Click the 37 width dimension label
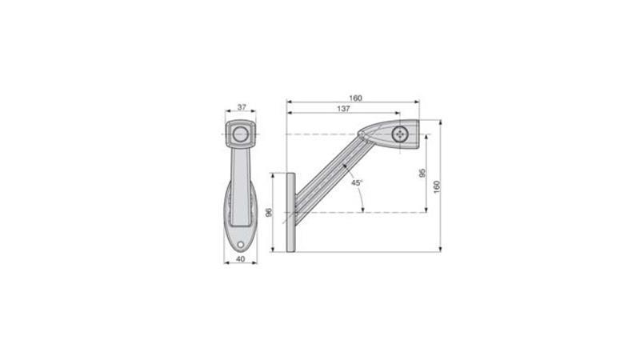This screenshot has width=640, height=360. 242,107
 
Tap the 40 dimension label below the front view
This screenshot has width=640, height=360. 241,258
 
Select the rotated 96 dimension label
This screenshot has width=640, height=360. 269,213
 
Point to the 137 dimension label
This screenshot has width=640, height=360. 344,109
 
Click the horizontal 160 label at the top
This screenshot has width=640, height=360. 355,98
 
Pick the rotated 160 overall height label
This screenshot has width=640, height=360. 437,186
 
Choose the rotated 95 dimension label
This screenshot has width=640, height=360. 422,173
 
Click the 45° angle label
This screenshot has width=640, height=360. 357,183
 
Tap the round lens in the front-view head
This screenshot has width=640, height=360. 241,134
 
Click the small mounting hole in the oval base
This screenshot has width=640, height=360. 241,245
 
